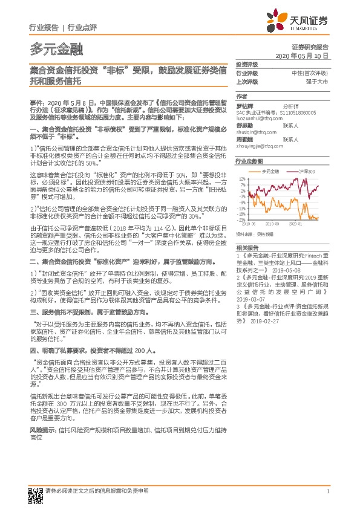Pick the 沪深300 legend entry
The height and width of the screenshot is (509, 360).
[301, 172]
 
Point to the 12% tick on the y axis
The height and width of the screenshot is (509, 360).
[242, 179]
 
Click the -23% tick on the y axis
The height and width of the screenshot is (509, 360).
[241, 219]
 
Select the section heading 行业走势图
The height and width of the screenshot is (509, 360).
[249, 161]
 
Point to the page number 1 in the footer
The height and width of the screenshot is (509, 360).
[327, 491]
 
